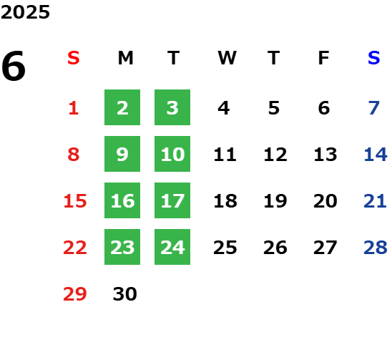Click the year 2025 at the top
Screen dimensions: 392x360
(x=25, y=12)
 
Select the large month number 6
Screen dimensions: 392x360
(x=14, y=66)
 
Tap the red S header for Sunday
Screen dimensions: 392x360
(x=74, y=58)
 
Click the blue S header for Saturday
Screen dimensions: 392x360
(x=373, y=58)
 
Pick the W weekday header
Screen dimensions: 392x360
(x=227, y=58)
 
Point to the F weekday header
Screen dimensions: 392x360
(x=324, y=58)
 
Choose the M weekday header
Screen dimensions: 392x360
(x=125, y=58)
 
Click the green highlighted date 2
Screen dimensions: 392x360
(x=122, y=107)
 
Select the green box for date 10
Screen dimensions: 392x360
(x=172, y=154)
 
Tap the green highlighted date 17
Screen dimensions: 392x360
(x=172, y=200)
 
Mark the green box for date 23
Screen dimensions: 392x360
(x=122, y=247)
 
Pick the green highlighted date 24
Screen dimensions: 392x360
(x=172, y=247)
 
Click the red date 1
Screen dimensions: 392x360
(x=74, y=108)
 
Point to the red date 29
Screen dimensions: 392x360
(x=75, y=294)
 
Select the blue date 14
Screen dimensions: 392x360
(x=376, y=155)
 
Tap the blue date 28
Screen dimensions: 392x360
(x=376, y=248)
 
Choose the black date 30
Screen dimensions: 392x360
(x=125, y=294)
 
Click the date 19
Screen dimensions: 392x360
(x=275, y=201)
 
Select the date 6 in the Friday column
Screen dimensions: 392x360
(x=324, y=108)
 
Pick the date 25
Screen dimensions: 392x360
(x=225, y=248)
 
